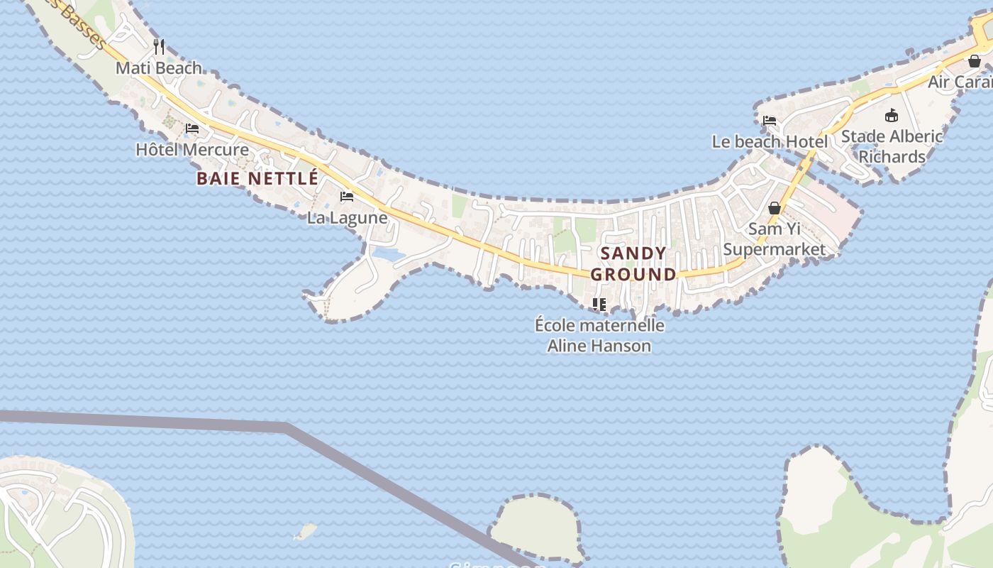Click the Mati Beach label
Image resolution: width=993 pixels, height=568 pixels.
coord(159,68)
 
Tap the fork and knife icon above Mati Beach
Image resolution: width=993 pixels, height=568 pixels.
coord(159,47)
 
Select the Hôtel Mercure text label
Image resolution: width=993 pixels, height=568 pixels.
coord(192,150)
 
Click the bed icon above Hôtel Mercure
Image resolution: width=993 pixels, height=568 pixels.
coord(192,129)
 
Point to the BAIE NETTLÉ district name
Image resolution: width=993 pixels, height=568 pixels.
coord(257,178)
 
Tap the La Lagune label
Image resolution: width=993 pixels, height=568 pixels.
coord(347,218)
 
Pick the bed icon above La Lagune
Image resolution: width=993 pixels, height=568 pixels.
coord(347,197)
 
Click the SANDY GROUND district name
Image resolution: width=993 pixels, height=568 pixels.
coord(633,263)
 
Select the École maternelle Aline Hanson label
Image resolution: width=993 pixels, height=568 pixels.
coord(599,335)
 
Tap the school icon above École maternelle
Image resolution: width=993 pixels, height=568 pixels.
coord(599,305)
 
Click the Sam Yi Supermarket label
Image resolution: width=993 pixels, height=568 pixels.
coord(775,239)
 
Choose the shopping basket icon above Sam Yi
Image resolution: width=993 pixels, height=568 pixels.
coord(775,208)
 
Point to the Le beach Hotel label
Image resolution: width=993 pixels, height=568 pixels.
coord(770,142)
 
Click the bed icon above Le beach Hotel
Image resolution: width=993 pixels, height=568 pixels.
coord(770,121)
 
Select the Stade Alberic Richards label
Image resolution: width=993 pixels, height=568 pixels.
coord(892,146)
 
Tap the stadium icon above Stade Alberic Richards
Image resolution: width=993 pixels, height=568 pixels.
coord(892,116)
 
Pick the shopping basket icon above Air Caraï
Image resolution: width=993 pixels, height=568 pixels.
coord(975,61)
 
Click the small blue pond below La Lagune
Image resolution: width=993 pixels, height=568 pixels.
coord(388,253)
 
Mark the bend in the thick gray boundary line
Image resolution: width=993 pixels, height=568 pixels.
coord(288,427)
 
